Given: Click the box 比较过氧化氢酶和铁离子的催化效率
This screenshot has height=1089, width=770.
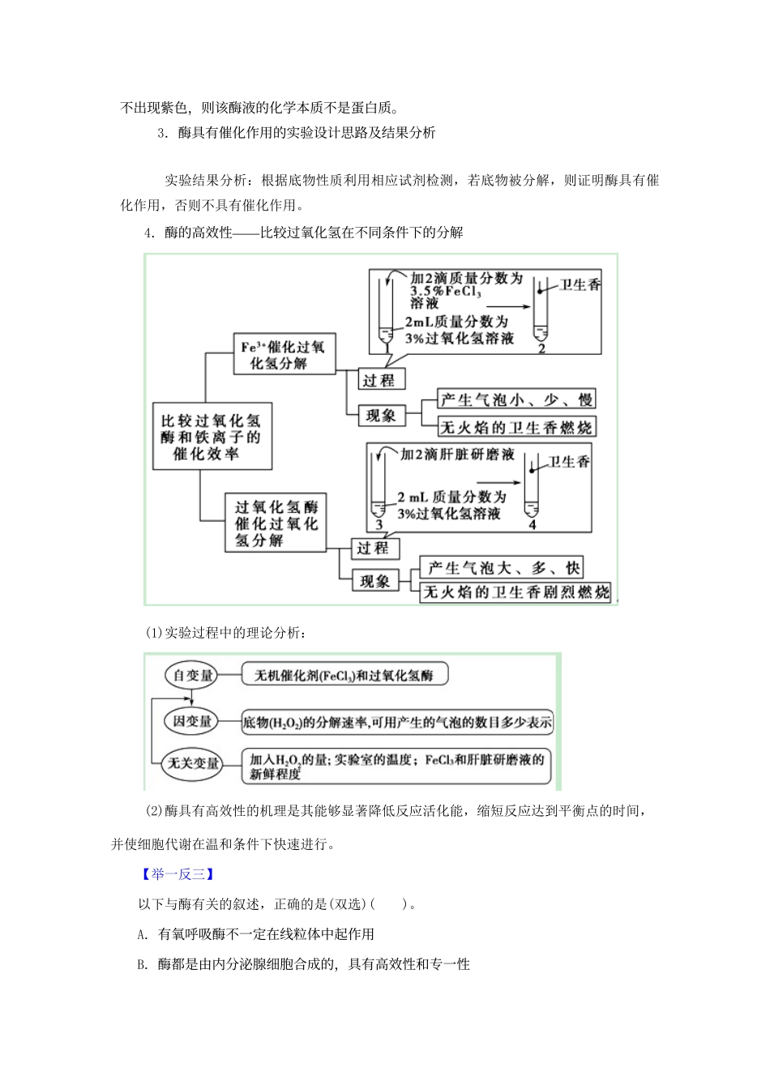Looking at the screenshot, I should [212, 436].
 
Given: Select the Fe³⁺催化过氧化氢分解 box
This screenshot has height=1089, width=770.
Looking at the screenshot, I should [283, 355].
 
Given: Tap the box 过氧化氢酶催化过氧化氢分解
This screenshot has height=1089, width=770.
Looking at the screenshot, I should [276, 523].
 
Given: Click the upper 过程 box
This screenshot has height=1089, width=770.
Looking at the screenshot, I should [379, 380].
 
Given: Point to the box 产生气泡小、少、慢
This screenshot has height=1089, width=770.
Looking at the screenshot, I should [516, 399].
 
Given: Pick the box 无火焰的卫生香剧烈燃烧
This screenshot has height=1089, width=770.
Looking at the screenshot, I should [515, 592].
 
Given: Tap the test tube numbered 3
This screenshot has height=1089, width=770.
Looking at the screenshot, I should [378, 486].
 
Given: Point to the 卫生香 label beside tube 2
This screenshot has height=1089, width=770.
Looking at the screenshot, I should [580, 284].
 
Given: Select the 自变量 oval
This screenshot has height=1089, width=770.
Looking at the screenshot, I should [192, 676].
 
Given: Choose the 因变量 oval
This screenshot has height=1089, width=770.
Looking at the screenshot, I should [192, 721].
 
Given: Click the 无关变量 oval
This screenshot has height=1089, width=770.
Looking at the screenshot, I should [193, 763].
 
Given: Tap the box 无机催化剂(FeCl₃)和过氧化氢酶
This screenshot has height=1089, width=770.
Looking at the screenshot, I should [344, 675].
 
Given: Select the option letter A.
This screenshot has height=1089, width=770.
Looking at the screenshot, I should [143, 934].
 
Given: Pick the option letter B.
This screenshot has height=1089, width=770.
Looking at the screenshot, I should [143, 964].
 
